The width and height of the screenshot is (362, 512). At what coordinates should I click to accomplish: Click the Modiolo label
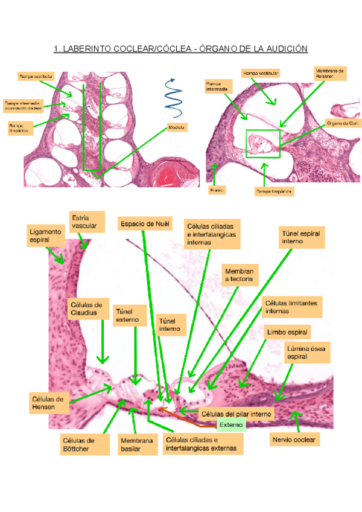pyautogui.click(x=177, y=127)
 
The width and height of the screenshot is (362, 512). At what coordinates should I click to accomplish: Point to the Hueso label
pyautogui.click(x=217, y=190)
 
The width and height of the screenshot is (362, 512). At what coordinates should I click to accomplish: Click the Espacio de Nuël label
pyautogui.click(x=145, y=224)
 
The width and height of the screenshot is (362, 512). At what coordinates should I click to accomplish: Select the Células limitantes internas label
pyautogui.click(x=293, y=306)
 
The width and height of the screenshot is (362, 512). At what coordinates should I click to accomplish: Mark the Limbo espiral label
pyautogui.click(x=288, y=333)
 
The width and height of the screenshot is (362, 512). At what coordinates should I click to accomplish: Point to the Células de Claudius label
pyautogui.click(x=89, y=309)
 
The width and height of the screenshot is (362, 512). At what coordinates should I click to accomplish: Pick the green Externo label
pyautogui.click(x=230, y=425)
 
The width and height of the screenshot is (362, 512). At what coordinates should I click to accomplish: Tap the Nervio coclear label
pyautogui.click(x=295, y=440)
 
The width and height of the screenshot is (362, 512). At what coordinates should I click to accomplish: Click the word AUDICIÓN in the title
pyautogui.click(x=284, y=49)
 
